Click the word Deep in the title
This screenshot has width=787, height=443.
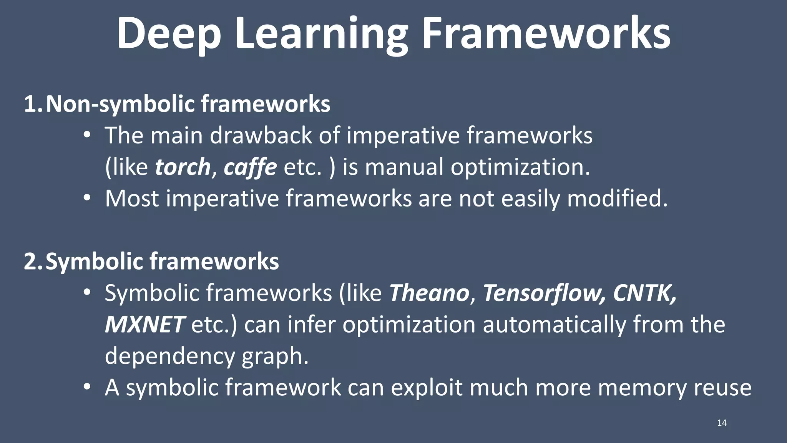click(x=169, y=34)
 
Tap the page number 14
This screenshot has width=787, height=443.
click(x=722, y=423)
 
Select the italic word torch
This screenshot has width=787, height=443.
click(x=183, y=167)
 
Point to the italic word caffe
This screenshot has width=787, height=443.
click(x=250, y=167)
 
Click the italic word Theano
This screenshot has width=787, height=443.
click(x=429, y=293)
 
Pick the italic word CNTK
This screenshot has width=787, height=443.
click(x=644, y=293)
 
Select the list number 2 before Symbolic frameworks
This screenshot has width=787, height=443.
click(x=31, y=262)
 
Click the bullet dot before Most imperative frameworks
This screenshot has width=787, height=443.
click(x=87, y=198)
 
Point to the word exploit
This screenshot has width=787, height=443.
click(x=427, y=388)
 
